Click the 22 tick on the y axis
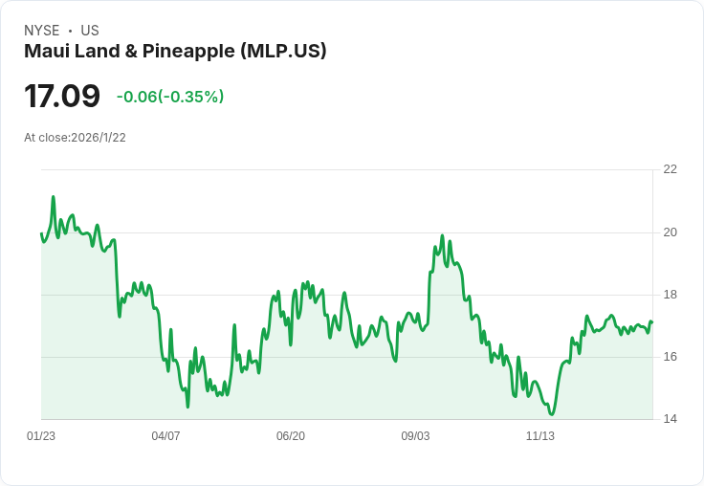670,169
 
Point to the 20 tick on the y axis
670,232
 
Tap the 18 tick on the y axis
670,295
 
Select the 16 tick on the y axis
670,357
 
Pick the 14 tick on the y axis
670,419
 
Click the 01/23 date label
41,436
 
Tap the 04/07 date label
165,436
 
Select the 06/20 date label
291,436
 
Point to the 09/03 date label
415,436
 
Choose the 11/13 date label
540,436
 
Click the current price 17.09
62,97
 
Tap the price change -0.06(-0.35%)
170,97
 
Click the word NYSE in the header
42,31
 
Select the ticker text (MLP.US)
284,52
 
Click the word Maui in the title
45,52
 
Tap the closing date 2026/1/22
99,138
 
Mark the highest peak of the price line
54,197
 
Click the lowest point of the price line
552,414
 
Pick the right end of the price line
652,322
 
